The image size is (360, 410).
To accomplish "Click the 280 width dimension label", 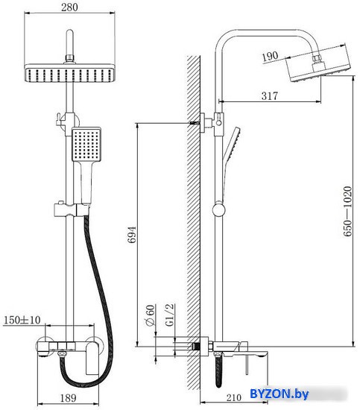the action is point(69,7).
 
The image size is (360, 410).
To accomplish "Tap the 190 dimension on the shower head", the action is point(270,56).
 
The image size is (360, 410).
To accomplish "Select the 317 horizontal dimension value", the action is point(270,95).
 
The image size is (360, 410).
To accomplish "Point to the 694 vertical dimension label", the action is point(132,235).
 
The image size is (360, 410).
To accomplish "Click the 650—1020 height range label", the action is point(347,211).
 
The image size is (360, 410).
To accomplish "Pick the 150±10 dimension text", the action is point(22,320).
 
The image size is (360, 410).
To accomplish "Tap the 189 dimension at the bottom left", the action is point(69,398).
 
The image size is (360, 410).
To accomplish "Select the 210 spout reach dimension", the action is point(233,397).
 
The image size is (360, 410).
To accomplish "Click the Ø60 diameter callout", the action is point(150,315).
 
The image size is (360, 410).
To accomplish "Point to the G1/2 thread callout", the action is point(170,315).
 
